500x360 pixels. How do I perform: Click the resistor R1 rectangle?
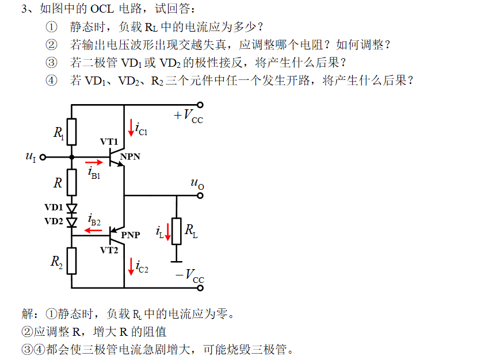point(72,132)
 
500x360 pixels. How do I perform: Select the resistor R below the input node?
point(72,183)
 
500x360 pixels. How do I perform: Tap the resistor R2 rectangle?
point(72,261)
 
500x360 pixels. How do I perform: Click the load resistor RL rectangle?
point(177,232)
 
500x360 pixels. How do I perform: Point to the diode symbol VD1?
point(72,208)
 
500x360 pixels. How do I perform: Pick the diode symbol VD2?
point(72,221)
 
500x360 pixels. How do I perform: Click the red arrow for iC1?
point(131,128)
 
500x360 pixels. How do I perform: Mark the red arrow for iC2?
point(131,266)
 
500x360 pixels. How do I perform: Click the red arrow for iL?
point(169,232)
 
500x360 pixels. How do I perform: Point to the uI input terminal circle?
point(43,156)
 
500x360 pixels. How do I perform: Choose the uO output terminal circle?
point(200,196)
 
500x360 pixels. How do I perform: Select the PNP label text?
point(131,235)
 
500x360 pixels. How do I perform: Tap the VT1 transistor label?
point(109,141)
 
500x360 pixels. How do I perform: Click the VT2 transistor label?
point(109,250)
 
